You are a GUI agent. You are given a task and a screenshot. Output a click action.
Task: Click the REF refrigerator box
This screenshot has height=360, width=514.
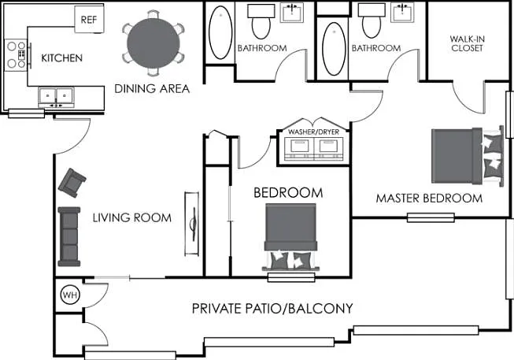89,20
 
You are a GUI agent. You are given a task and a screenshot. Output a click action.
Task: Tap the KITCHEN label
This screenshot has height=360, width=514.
61,58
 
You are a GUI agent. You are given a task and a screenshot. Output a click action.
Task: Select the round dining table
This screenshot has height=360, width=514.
153,43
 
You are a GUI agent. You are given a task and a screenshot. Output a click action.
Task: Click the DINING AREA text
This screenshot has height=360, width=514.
152,88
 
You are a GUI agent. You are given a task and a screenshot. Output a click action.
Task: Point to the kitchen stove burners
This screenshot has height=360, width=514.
16,55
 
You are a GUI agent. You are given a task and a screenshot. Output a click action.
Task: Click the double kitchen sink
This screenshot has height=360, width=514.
56,96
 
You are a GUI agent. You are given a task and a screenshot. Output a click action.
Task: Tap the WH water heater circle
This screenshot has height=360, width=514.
70,295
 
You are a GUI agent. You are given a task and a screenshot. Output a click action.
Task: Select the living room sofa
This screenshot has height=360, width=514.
69,236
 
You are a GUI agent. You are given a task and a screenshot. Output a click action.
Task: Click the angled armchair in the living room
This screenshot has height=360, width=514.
72,183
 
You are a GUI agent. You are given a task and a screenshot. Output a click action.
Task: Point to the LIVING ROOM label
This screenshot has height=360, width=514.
131,217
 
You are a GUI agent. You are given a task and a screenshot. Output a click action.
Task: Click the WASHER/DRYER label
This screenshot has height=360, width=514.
314,132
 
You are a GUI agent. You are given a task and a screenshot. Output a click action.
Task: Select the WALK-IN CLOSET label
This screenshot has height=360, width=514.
467,43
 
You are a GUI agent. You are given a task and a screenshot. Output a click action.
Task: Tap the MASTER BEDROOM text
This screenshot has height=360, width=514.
429,199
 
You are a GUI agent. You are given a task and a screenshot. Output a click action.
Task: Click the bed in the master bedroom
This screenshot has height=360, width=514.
467,156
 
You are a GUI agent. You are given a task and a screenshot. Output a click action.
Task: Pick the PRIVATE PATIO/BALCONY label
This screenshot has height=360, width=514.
272,309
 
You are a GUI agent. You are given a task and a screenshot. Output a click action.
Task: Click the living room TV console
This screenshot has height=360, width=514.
192,224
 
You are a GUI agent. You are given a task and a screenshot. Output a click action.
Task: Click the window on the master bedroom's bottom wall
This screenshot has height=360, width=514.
431,217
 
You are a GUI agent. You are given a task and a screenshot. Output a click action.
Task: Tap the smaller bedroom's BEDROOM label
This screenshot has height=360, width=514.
288,193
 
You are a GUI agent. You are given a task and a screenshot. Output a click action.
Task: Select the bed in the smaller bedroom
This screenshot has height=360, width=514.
290,237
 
